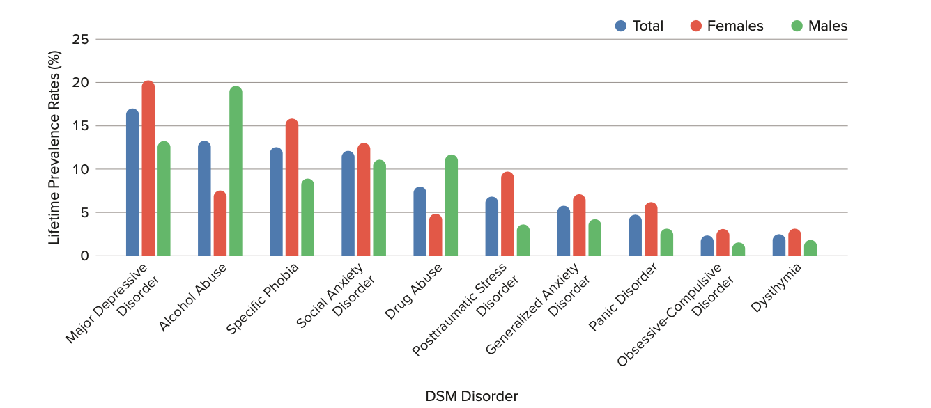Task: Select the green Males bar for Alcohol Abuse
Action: coord(236,171)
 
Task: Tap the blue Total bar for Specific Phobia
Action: coord(276,202)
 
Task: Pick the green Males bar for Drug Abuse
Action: coord(451,205)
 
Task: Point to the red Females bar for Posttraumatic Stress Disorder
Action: coord(507,214)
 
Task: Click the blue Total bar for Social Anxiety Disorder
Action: coord(348,203)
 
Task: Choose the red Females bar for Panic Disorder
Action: coord(651,229)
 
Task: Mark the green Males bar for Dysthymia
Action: coord(810,248)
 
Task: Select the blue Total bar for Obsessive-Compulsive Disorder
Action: coord(707,246)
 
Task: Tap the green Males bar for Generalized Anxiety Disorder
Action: coord(594,237)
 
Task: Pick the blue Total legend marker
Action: coord(621,26)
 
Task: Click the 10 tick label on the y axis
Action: coord(81,169)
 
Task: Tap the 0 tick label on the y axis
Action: coord(84,256)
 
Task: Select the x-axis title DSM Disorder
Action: coord(472,396)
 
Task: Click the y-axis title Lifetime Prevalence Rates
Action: coord(54,148)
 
